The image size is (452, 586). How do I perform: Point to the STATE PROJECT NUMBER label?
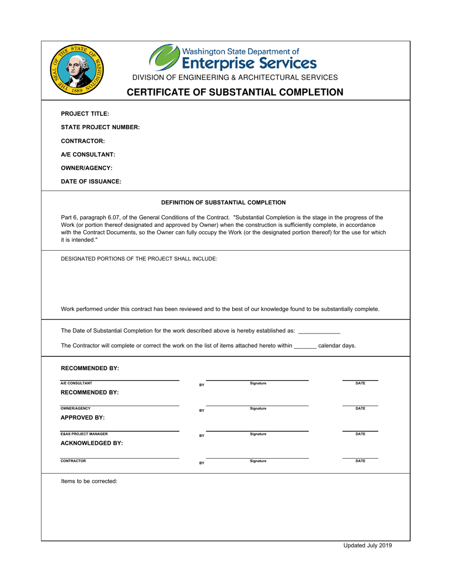tap(100, 127)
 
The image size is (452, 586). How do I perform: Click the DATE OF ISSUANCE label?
tap(91, 182)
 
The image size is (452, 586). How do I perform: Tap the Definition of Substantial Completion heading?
tap(224, 202)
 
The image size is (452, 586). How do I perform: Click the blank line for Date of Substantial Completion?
tap(319, 331)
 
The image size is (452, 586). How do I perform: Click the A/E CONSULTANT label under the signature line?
tap(76, 383)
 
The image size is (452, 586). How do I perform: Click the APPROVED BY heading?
tap(83, 418)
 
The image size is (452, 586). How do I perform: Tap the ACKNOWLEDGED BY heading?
tap(92, 443)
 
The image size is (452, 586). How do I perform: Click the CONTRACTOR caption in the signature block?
tap(73, 461)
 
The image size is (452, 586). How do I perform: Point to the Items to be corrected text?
tap(89, 482)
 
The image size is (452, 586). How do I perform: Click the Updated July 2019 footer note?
tap(368, 546)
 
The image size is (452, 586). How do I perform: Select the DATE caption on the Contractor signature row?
tap(361, 461)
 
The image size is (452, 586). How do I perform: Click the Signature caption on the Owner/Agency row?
tap(258, 409)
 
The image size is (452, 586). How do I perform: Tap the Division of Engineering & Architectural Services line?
tap(235, 77)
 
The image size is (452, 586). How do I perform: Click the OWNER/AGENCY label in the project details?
tap(87, 168)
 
